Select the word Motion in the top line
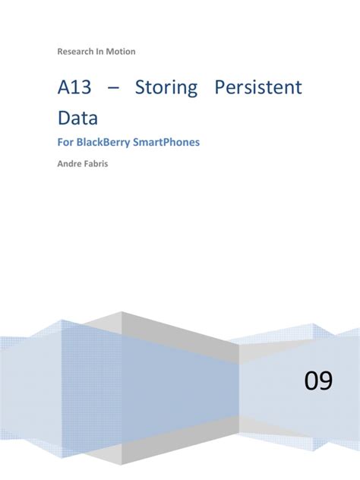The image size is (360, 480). [x=122, y=51]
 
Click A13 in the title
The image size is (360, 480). [x=74, y=88]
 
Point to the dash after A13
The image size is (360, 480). [x=113, y=89]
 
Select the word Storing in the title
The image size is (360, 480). [x=166, y=88]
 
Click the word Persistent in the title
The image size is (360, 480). [x=258, y=88]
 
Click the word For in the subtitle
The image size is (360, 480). [x=65, y=141]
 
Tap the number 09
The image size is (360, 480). [x=318, y=381]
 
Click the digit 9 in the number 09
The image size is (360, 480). [x=326, y=381]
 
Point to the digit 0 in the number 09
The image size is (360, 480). [x=311, y=381]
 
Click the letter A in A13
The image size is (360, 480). [x=64, y=88]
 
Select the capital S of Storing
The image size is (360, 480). [x=141, y=88]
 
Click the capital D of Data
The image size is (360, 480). [x=65, y=118]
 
